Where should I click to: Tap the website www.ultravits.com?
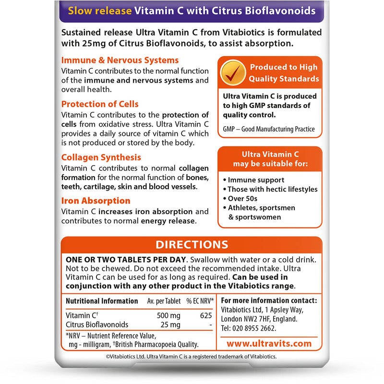pos(269,344)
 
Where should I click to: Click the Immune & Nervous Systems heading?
pos(120,60)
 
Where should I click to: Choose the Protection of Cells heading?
pos(100,104)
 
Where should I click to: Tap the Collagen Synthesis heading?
pos(101,157)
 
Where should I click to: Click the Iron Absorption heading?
pos(96,201)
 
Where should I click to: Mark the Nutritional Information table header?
pos(102,301)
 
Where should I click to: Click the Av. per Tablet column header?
pos(164,301)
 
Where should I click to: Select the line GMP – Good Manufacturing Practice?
pos(268,129)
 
